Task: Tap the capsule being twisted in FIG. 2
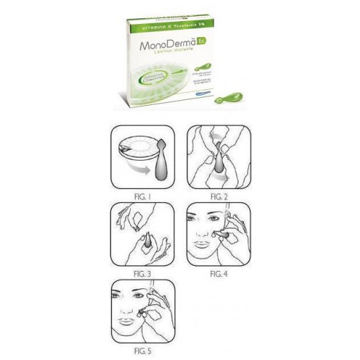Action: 219,162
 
